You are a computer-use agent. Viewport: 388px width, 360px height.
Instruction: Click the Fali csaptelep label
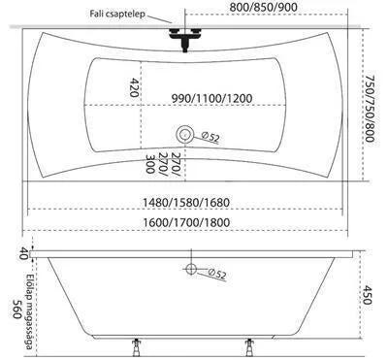(117, 15)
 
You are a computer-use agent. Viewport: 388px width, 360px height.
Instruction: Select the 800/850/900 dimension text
(263, 7)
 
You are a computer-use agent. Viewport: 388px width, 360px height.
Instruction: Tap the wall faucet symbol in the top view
(184, 39)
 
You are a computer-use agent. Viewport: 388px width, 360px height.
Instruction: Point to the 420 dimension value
(134, 87)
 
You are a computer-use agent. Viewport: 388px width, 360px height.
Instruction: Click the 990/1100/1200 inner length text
(211, 98)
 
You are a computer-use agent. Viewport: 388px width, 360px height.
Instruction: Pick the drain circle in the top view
(184, 134)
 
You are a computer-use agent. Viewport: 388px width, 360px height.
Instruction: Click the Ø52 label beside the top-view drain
(210, 137)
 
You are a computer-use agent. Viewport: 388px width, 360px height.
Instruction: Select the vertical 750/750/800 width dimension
(370, 109)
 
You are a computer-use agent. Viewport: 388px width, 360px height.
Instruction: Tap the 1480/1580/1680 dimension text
(186, 203)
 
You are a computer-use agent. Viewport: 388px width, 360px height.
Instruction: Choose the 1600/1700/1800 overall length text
(186, 222)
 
